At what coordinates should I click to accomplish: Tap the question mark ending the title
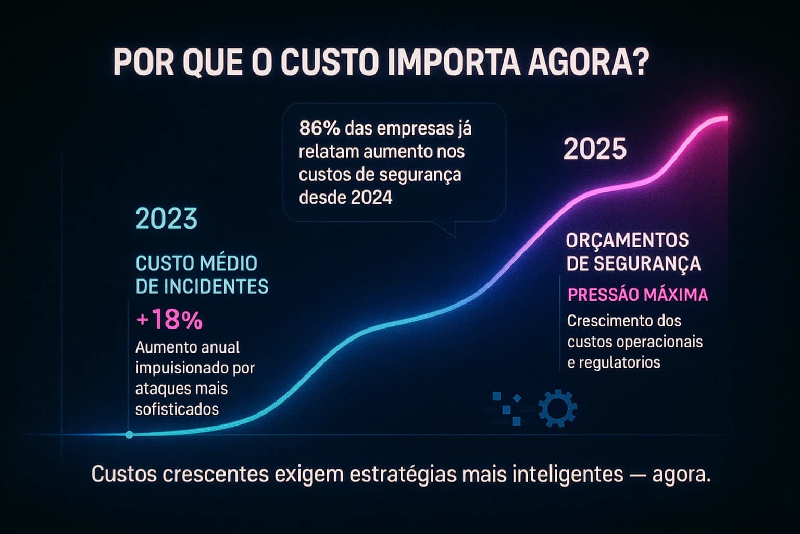pyautogui.click(x=641, y=63)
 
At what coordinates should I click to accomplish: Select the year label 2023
pyautogui.click(x=167, y=219)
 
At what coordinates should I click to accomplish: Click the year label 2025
pyautogui.click(x=595, y=150)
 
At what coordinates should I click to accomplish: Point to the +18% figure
pyautogui.click(x=169, y=320)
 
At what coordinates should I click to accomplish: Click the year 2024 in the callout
pyautogui.click(x=371, y=198)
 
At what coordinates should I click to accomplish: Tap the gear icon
pyautogui.click(x=557, y=408)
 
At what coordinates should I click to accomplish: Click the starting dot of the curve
pyautogui.click(x=129, y=434)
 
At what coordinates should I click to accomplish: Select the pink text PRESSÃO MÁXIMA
pyautogui.click(x=637, y=295)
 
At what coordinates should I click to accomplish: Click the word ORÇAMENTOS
pyautogui.click(x=627, y=240)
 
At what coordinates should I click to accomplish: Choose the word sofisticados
pyautogui.click(x=177, y=409)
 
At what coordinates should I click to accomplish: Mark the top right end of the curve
pyautogui.click(x=725, y=118)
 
